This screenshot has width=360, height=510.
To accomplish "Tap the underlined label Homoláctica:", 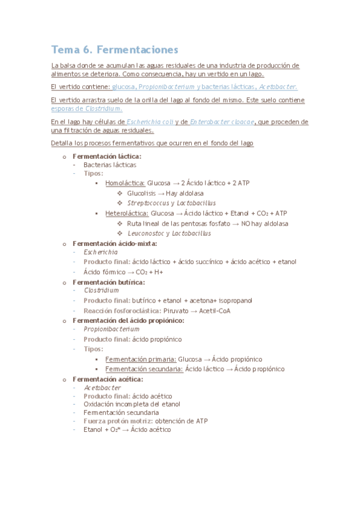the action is click(124, 182).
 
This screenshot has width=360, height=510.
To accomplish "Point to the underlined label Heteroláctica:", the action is click(127, 213).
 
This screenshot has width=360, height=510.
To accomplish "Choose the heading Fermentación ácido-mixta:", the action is click(115, 244).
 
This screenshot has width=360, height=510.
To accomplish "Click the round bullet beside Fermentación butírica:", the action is click(64, 282).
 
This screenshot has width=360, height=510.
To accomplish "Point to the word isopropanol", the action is click(235, 300).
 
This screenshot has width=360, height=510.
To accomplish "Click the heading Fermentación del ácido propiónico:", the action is click(128, 321).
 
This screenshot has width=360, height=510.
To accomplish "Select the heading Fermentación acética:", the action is click(108, 379).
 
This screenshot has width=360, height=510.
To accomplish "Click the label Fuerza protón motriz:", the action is click(117, 421).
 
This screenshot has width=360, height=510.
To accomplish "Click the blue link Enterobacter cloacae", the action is click(221, 121).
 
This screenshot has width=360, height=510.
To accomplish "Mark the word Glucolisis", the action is click(141, 193).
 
